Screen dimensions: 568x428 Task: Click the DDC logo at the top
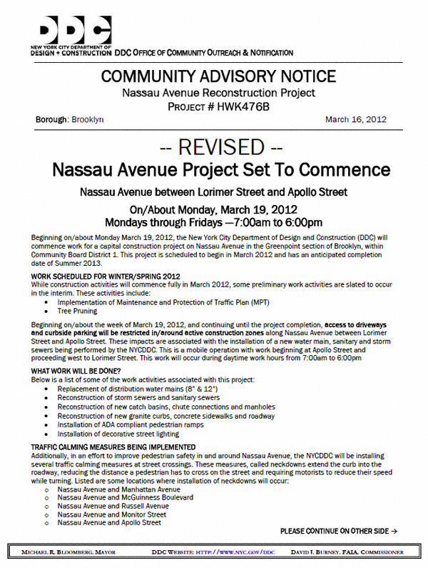click(x=71, y=30)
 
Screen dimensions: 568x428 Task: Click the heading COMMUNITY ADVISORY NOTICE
click(x=218, y=76)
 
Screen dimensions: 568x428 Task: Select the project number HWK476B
click(x=243, y=106)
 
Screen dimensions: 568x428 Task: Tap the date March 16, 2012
click(x=355, y=119)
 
